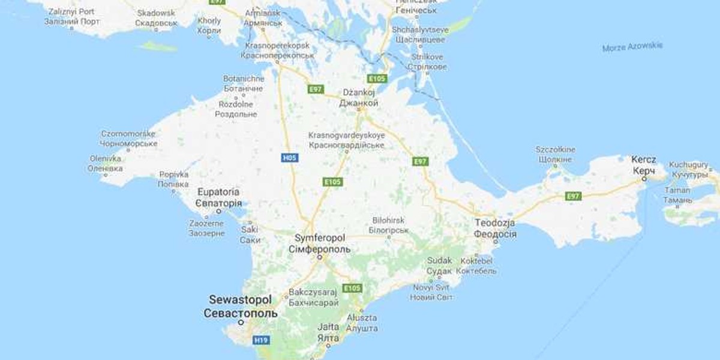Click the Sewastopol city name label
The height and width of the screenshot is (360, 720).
[240, 299]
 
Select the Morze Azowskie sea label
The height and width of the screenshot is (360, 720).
[632, 47]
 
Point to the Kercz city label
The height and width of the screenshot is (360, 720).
[643, 160]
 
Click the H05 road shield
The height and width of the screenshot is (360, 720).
[289, 158]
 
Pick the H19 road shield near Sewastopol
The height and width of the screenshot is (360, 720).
[260, 340]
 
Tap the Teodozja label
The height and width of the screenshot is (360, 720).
[495, 222]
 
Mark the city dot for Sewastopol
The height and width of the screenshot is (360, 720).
[241, 322]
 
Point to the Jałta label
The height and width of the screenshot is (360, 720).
[329, 327]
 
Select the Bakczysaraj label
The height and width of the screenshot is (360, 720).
[314, 292]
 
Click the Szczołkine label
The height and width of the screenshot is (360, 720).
[555, 149]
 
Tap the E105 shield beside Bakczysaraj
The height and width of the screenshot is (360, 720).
[352, 288]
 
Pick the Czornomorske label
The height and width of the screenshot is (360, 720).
[128, 134]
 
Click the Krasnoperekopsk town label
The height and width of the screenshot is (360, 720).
[277, 46]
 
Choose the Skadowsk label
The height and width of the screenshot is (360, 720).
[157, 13]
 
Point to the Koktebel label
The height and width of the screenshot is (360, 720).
[476, 261]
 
